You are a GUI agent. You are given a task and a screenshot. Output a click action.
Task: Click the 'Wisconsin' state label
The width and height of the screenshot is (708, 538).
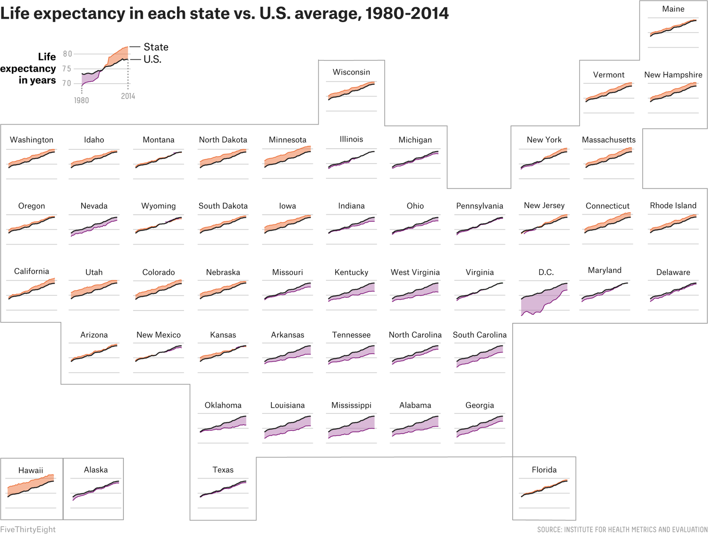coord(351,72)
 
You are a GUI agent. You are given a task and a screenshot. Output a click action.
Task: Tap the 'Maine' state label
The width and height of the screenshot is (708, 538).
coord(673,9)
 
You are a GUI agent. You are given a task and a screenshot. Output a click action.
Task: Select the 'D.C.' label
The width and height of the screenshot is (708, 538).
coord(546,272)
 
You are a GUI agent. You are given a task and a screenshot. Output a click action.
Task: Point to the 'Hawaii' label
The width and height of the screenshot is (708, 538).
coord(31,471)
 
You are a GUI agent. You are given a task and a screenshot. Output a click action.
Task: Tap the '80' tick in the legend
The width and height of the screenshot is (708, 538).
coord(67,54)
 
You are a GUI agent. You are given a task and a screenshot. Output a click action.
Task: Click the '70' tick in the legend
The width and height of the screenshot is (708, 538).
coord(67,84)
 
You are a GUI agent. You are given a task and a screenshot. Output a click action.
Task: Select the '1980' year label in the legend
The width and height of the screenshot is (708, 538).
coord(81,101)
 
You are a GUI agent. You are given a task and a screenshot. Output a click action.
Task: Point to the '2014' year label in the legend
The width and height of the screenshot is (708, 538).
coord(128,96)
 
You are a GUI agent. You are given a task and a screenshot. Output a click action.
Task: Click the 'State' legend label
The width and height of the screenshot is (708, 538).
coord(156,47)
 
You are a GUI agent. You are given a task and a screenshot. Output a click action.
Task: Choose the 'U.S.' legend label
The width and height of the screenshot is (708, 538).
coord(152,59)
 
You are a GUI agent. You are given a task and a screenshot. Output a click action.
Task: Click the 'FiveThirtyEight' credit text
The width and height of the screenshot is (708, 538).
coord(28,530)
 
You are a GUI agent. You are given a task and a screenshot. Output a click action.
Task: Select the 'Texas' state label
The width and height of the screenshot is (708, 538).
coord(223,470)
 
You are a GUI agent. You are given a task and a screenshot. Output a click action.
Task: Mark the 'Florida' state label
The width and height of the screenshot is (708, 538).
coord(544,470)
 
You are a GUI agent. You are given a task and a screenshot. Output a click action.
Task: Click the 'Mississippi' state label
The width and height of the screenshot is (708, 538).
coord(351,405)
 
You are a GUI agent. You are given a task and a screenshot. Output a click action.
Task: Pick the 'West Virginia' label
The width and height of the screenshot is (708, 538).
coord(415,272)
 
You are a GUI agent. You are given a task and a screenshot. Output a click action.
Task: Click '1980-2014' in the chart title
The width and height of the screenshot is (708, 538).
coord(407,13)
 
